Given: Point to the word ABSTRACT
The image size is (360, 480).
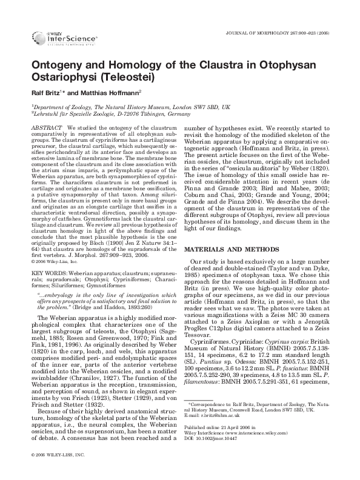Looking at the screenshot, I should tap(46, 128).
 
